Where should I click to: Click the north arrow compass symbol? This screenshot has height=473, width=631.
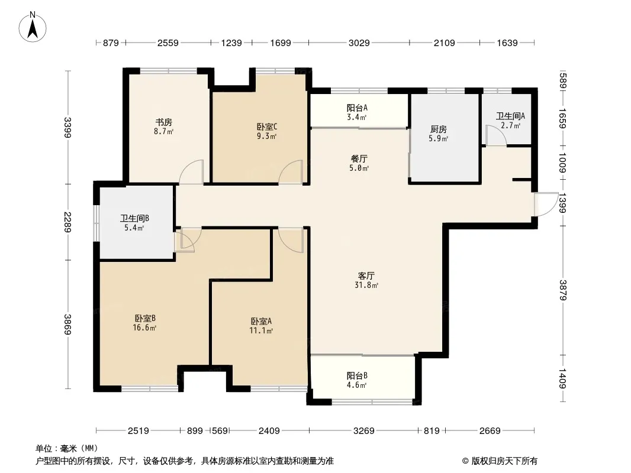click(x=33, y=27)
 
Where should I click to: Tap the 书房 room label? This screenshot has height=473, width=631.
click(x=164, y=122)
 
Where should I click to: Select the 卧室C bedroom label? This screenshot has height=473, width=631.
click(x=267, y=127)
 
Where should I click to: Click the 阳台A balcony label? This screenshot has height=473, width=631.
click(x=357, y=108)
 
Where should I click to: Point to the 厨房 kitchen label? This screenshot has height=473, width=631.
click(x=438, y=129)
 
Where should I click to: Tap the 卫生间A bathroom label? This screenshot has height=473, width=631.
click(x=510, y=116)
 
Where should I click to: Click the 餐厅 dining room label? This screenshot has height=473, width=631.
click(x=359, y=158)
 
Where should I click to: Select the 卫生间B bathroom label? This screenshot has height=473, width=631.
click(x=134, y=219)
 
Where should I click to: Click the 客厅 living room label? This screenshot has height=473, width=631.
click(x=366, y=276)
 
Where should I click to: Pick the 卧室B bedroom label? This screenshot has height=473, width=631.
click(x=145, y=318)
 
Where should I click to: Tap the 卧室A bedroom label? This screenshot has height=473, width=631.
click(x=261, y=321)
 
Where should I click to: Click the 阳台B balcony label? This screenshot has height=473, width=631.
click(x=357, y=376)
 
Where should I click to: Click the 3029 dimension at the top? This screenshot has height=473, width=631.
click(x=359, y=43)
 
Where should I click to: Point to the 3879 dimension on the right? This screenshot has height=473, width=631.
click(x=562, y=290)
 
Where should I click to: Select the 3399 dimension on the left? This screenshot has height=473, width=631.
click(x=67, y=127)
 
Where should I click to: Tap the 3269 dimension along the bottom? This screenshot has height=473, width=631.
click(x=364, y=431)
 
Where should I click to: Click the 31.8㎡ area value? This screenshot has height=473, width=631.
click(x=366, y=286)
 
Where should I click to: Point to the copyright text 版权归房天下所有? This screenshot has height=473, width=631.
click(x=504, y=461)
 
